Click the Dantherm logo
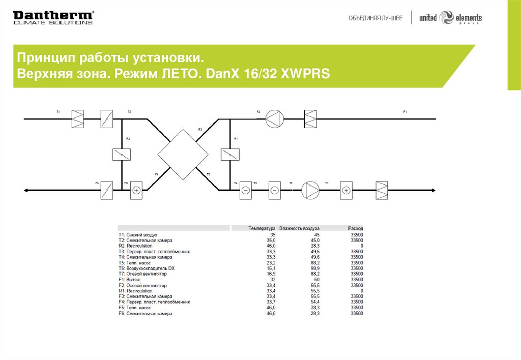[x=53, y=17]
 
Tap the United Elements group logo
[x=450, y=18]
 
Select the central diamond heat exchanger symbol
[x=183, y=155]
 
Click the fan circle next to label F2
[x=273, y=119]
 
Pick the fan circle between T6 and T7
[x=309, y=190]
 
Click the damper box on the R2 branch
[x=122, y=155]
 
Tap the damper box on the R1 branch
[x=230, y=155]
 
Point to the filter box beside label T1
[x=77, y=119]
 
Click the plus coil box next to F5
[x=136, y=190]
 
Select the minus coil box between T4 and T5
[x=245, y=190]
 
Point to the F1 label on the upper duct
[x=405, y=111]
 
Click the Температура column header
[x=262, y=229]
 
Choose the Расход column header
[x=356, y=229]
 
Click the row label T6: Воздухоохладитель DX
[x=147, y=268]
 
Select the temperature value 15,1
[x=270, y=268]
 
